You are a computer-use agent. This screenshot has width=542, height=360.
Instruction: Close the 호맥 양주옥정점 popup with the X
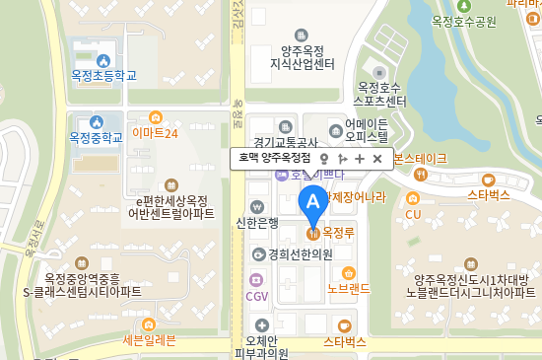pyautogui.click(x=376, y=158)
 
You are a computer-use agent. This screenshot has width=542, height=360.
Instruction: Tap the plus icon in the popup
pyautogui.click(x=360, y=158)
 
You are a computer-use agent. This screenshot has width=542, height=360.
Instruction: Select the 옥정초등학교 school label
pyautogui.click(x=103, y=75)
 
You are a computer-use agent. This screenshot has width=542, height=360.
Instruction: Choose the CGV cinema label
pyautogui.click(x=256, y=295)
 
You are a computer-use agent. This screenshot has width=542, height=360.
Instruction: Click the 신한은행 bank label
pyautogui.click(x=258, y=222)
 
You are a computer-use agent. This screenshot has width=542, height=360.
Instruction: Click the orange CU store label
pyautogui.click(x=413, y=213)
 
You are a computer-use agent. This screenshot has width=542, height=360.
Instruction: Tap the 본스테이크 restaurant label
pyautogui.click(x=420, y=159)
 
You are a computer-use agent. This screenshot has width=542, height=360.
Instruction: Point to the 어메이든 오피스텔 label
pyautogui.click(x=367, y=131)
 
